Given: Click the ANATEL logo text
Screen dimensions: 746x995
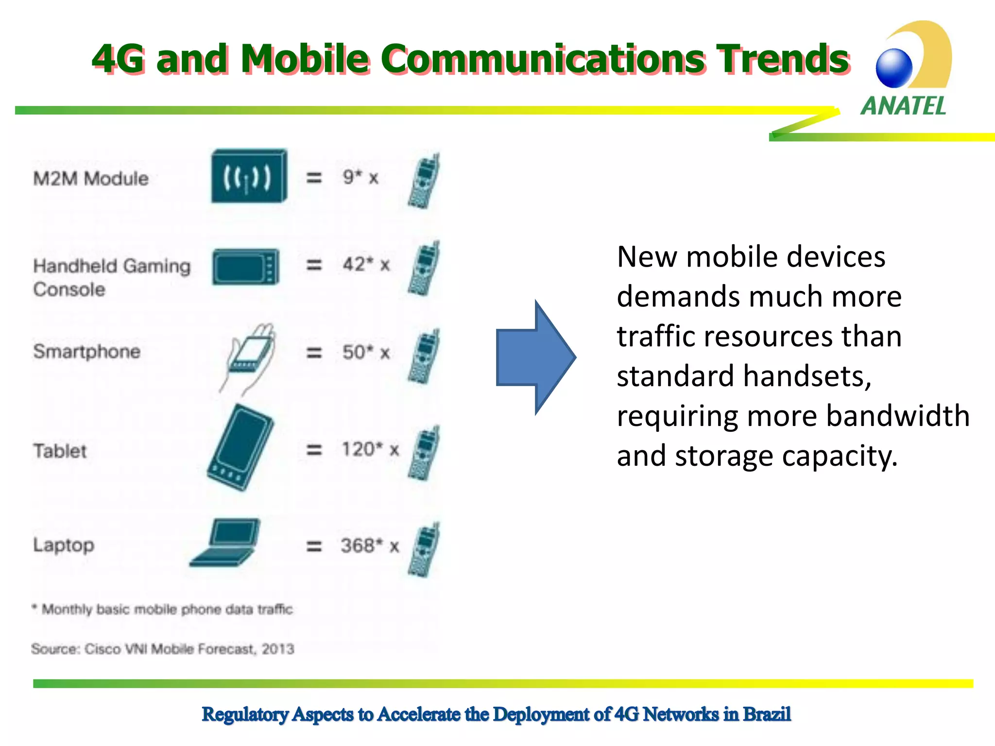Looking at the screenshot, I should tap(903, 106).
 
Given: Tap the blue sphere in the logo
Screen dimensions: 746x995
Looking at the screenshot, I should tap(894, 68).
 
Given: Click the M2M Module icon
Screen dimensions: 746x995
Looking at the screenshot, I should tap(249, 176).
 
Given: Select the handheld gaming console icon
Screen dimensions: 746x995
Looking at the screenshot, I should tap(246, 267).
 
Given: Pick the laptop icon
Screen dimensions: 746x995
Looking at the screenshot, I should tap(225, 543).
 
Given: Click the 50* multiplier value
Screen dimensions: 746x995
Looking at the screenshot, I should tap(358, 353).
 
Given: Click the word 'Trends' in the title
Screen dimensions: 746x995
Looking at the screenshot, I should tap(783, 59).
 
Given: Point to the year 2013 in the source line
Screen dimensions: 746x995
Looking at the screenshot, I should tap(278, 649).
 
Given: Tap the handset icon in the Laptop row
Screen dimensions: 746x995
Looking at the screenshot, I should tap(424, 550).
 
